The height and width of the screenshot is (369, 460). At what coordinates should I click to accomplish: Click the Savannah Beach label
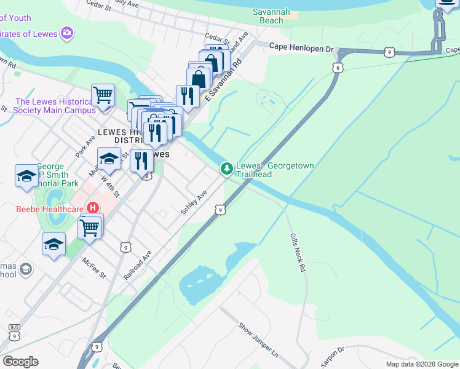coord(277,16)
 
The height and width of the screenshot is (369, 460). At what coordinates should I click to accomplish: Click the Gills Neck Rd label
coord(298,253)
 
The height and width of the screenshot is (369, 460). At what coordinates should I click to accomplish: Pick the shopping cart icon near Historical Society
coord(103,95)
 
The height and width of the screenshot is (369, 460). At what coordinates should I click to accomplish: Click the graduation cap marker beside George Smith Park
coord(26,175)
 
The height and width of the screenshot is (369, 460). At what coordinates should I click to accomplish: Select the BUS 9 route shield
coord(14,332)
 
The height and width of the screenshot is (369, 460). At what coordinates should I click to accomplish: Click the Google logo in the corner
coord(20,362)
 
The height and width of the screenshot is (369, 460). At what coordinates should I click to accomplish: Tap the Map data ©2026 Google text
coord(421,364)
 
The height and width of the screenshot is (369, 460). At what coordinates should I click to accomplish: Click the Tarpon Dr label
coord(333,355)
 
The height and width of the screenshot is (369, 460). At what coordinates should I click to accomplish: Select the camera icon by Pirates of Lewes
coord(67,32)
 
